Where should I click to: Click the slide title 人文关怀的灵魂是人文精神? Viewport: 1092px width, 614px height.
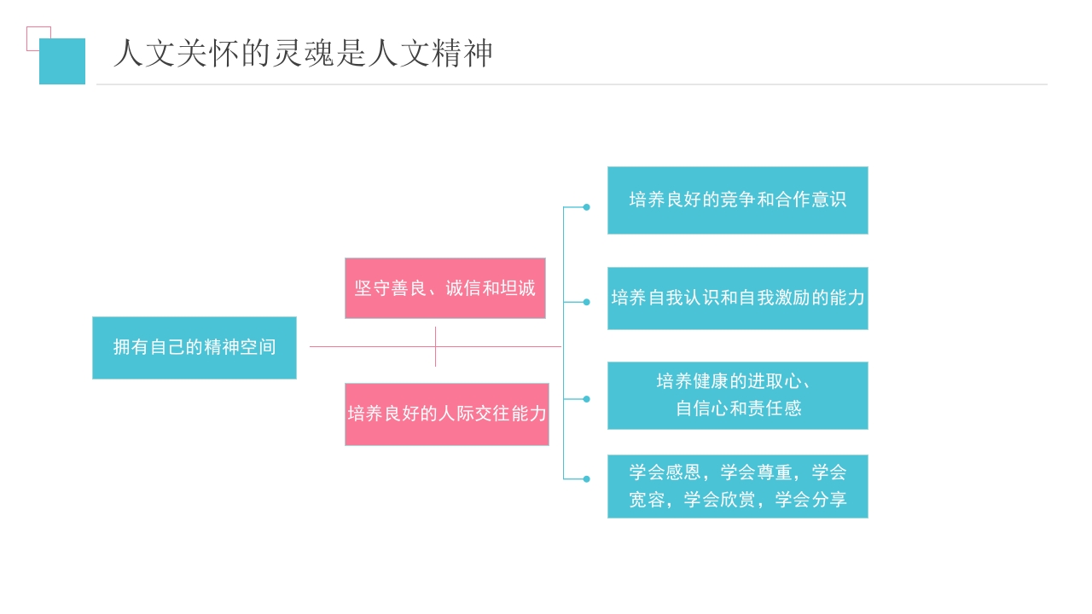(303, 54)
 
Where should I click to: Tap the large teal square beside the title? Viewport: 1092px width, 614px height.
(62, 61)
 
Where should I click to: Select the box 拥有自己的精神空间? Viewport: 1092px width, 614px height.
(195, 348)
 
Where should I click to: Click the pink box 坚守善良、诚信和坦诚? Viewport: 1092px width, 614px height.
(444, 288)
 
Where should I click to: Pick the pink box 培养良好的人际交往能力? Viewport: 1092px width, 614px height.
(446, 414)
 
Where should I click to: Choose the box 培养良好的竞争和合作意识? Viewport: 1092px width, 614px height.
(737, 200)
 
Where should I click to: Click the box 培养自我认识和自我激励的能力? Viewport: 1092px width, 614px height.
(737, 298)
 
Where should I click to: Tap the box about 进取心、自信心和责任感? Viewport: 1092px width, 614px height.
(737, 396)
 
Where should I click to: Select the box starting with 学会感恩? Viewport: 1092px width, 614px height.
(737, 486)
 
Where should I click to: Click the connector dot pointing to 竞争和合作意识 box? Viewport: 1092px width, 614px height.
(586, 206)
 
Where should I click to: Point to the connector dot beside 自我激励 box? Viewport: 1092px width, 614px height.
(586, 302)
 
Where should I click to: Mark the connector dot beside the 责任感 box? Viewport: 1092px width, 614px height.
(586, 398)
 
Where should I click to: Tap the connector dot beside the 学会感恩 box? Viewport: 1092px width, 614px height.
(586, 479)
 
